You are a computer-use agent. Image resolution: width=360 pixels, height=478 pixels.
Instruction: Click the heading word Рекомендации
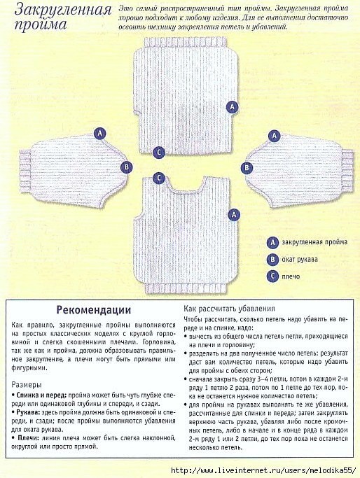coord(94,310)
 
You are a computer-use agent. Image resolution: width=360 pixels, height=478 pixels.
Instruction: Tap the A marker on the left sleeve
coord(99,134)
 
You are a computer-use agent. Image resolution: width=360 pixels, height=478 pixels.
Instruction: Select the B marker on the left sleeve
coord(126,167)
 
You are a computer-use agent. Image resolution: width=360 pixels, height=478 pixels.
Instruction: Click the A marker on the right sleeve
coord(275,136)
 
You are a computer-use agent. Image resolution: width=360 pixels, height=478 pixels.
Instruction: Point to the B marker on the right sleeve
coord(247,168)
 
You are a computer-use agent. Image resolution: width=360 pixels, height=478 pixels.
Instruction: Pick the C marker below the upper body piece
coord(159,153)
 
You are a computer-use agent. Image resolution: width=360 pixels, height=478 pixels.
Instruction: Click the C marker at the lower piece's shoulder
coord(159,178)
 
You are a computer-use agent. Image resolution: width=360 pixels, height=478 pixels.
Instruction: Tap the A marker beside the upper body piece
coord(232,107)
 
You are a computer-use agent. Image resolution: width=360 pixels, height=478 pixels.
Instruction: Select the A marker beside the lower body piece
coord(234,215)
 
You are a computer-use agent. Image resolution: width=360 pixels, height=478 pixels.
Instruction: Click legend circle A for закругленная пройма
coord(272,243)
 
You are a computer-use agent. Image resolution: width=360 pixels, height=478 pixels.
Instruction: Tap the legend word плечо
coord(291,277)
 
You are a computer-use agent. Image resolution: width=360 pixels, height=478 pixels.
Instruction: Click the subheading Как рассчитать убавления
coord(229,309)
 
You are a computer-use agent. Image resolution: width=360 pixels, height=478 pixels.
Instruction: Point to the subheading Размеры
coord(27,384)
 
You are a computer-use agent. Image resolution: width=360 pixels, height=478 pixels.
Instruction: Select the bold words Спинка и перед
coord(41,395)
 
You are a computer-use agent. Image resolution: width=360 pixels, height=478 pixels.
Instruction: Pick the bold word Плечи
coord(27,438)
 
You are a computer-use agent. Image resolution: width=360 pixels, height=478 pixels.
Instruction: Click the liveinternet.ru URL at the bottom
coord(263,470)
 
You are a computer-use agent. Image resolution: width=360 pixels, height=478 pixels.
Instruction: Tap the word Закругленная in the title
coord(63,10)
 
